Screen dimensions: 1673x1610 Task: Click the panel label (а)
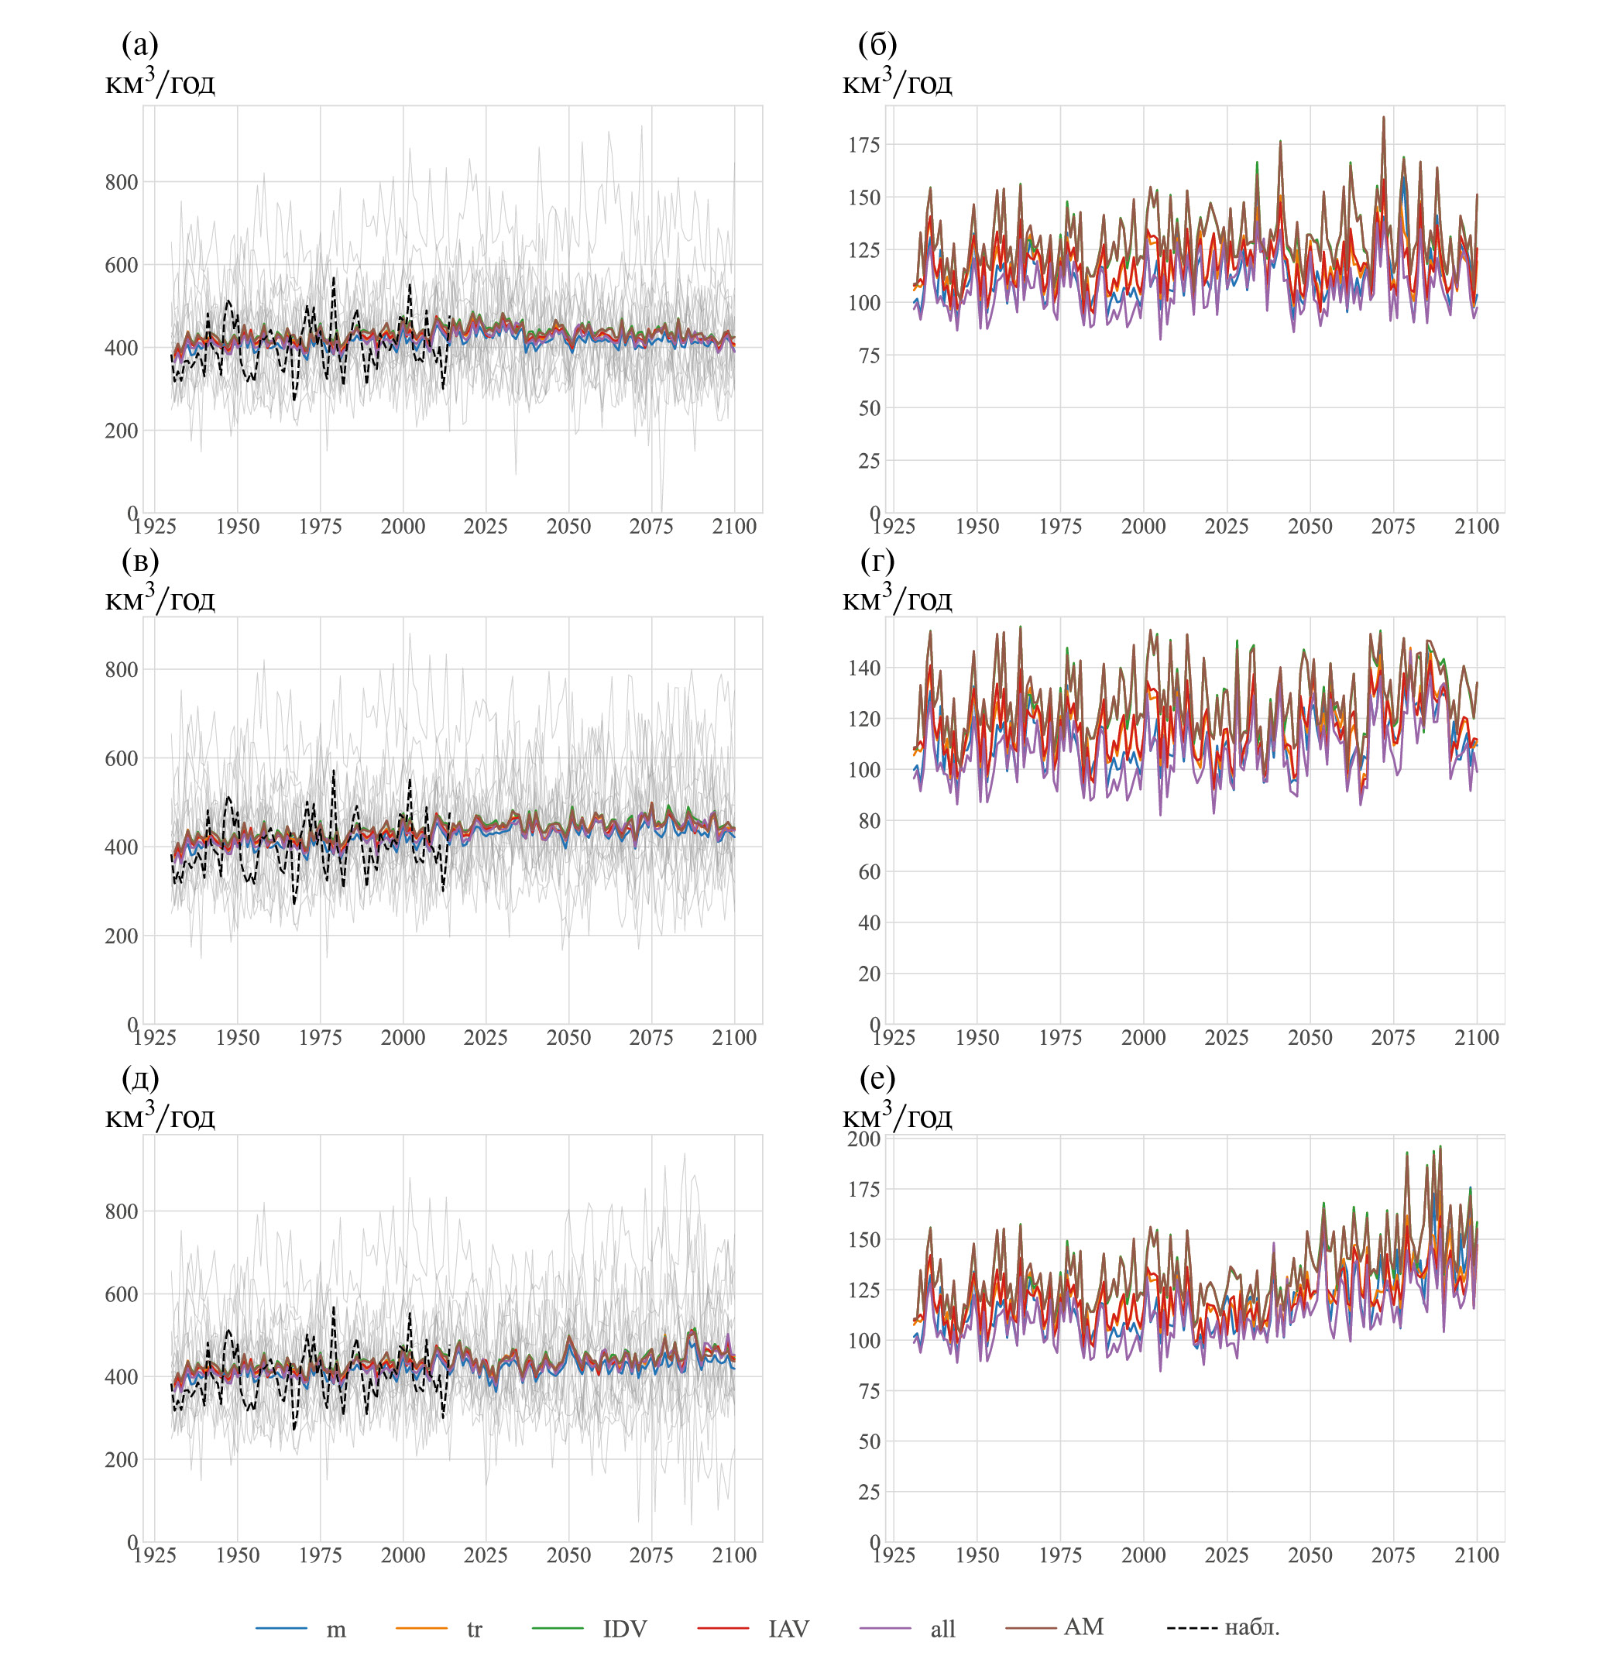pyautogui.click(x=140, y=43)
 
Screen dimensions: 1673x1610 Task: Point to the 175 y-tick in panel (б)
pyautogui.click(x=863, y=144)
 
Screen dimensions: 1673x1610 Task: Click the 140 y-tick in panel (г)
pyautogui.click(x=863, y=668)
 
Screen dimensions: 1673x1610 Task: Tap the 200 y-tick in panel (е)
pyautogui.click(x=863, y=1139)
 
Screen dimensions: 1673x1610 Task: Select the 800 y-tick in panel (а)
pyautogui.click(x=121, y=182)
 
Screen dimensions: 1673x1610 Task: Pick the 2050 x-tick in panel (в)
pyautogui.click(x=568, y=1038)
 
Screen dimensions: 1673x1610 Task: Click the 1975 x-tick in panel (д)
pyautogui.click(x=320, y=1555)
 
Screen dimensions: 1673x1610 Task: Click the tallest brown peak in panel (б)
pyautogui.click(x=1383, y=118)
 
